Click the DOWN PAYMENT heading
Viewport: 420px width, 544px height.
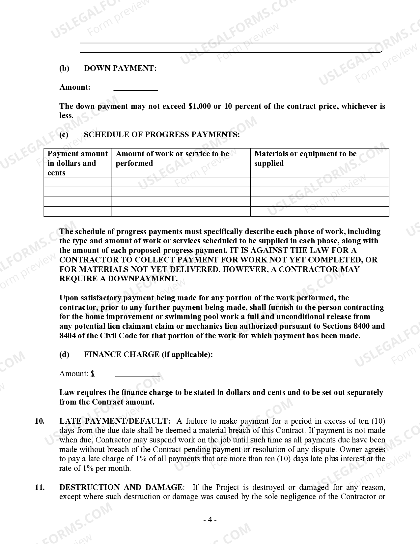(120, 68)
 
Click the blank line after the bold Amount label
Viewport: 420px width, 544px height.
(135, 88)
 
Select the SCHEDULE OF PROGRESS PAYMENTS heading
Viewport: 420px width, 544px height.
(162, 135)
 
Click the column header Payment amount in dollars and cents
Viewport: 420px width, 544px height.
(77, 163)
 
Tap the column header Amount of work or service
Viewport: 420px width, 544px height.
(172, 158)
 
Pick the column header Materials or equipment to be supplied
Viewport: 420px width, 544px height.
(305, 158)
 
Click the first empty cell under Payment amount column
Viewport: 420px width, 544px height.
(78, 182)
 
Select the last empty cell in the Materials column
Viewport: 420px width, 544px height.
(320, 211)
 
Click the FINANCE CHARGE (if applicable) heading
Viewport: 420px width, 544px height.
(148, 354)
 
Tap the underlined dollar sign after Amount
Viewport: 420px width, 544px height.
(93, 374)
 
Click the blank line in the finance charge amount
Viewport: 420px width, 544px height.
(138, 375)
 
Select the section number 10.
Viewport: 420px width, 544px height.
(40, 421)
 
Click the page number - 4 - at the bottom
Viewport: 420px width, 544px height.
(210, 520)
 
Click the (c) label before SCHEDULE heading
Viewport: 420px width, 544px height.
(64, 135)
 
